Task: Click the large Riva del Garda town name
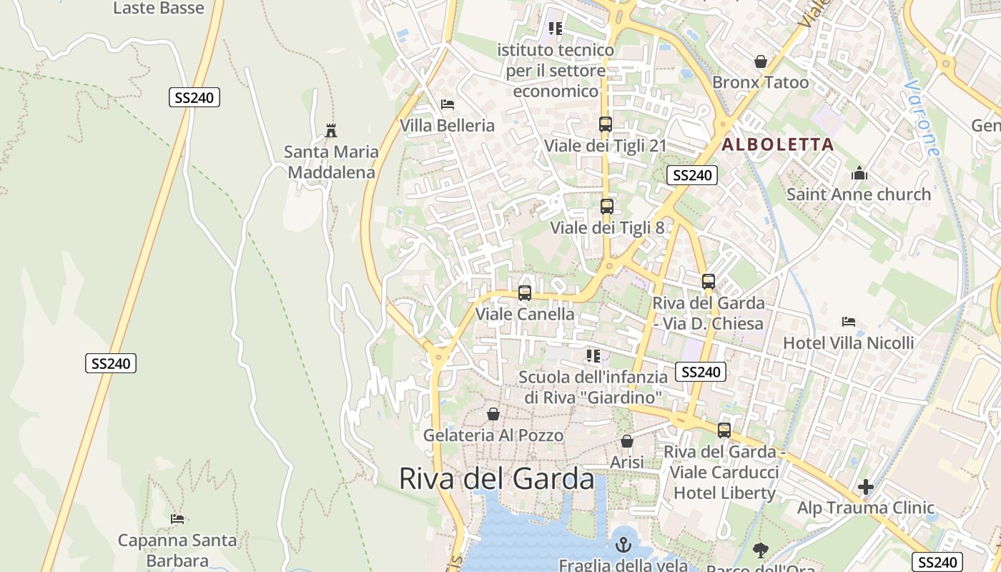[x=496, y=479]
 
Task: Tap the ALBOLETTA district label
[x=778, y=144]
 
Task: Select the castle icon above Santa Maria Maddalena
[x=330, y=131]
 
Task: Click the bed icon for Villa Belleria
[x=448, y=104]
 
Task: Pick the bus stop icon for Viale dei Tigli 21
[x=606, y=124]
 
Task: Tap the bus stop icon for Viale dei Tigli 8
[x=607, y=207]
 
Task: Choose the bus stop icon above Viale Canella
[x=525, y=293]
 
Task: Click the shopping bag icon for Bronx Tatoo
[x=761, y=61]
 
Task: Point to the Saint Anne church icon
[x=859, y=173]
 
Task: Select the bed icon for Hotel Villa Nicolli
[x=849, y=322]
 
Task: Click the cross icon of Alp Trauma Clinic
[x=866, y=488]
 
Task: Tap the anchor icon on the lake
[x=623, y=545]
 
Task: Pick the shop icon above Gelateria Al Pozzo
[x=493, y=414]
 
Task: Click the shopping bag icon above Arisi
[x=627, y=442]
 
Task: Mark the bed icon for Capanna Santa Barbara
[x=177, y=519]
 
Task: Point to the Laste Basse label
[x=159, y=9]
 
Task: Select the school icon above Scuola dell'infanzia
[x=593, y=356]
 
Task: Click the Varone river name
[x=920, y=118]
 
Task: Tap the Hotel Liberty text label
[x=724, y=493]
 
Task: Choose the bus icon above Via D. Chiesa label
[x=709, y=282]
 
